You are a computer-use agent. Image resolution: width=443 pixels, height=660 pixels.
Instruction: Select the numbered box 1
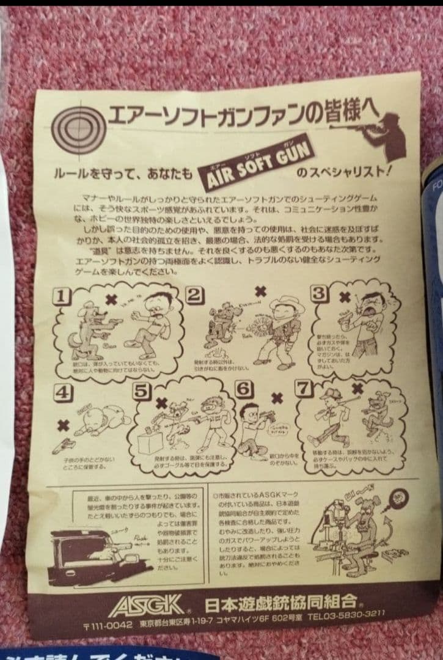60,297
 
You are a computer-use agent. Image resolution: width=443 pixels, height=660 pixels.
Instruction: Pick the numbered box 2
194,295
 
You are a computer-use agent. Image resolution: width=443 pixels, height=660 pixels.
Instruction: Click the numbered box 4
60,394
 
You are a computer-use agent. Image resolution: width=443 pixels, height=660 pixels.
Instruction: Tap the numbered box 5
141,392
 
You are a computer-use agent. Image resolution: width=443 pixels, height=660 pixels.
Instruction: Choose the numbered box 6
243,389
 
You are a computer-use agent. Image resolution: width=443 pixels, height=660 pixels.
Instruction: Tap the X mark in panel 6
277,398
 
